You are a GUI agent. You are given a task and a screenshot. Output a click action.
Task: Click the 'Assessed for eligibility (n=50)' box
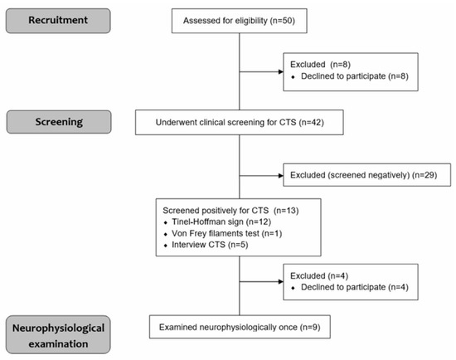[239, 19]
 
